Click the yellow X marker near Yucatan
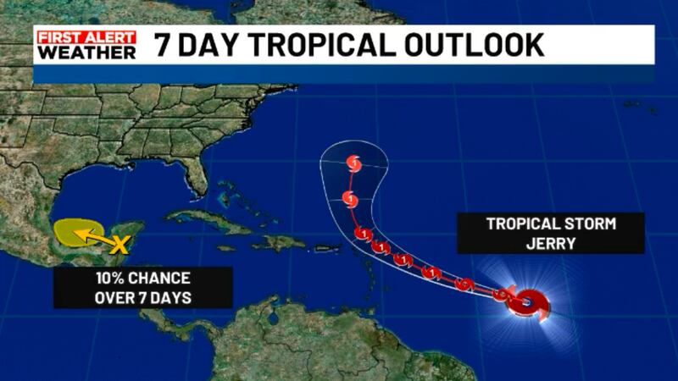pyautogui.click(x=120, y=247)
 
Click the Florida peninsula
pyautogui.click(x=197, y=177)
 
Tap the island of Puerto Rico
pyautogui.click(x=327, y=248)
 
